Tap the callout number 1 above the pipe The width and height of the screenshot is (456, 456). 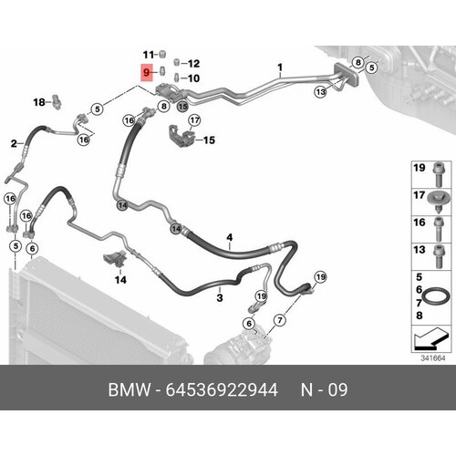[280, 67]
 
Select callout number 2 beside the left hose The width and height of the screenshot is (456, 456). [14, 143]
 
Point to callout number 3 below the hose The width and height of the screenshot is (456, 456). [219, 297]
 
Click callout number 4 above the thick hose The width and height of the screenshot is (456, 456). [230, 238]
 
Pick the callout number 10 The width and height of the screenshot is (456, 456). [193, 79]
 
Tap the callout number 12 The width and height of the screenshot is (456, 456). [193, 63]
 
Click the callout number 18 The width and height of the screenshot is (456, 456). [39, 101]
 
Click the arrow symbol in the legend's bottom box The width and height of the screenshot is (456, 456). [427, 339]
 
